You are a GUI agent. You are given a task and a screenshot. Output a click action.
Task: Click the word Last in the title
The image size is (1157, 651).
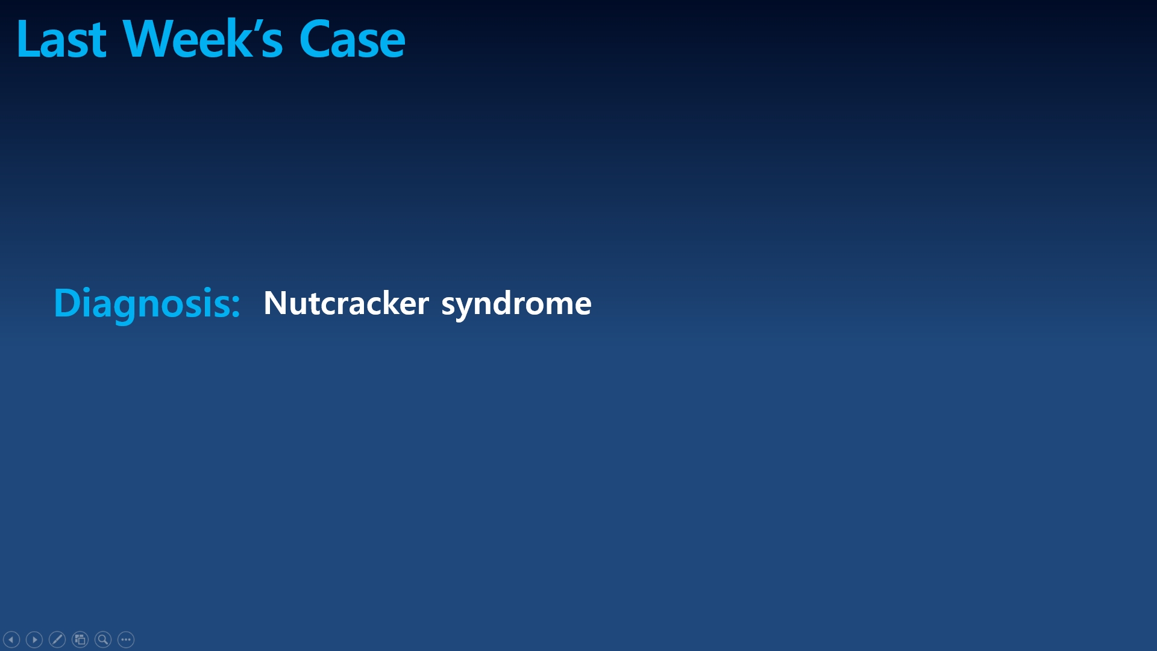61,39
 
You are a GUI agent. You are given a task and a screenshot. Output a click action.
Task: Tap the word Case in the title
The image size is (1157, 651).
352,39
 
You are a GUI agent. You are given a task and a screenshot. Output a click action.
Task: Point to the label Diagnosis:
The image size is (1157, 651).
147,304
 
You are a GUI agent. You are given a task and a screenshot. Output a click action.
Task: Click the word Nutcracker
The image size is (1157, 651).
346,303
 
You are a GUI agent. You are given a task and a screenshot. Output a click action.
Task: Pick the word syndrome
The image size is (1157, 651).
516,304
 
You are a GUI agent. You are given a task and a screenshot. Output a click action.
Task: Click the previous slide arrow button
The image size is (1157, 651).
11,640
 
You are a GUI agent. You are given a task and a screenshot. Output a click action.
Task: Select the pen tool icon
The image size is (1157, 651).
57,640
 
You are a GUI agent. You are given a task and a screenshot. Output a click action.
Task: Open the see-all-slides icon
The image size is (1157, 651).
80,640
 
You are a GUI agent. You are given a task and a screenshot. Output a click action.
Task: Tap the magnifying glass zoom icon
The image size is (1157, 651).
103,640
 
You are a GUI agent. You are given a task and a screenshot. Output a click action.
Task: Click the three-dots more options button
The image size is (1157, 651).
126,640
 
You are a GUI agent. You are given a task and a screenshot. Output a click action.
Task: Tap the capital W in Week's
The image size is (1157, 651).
147,39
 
